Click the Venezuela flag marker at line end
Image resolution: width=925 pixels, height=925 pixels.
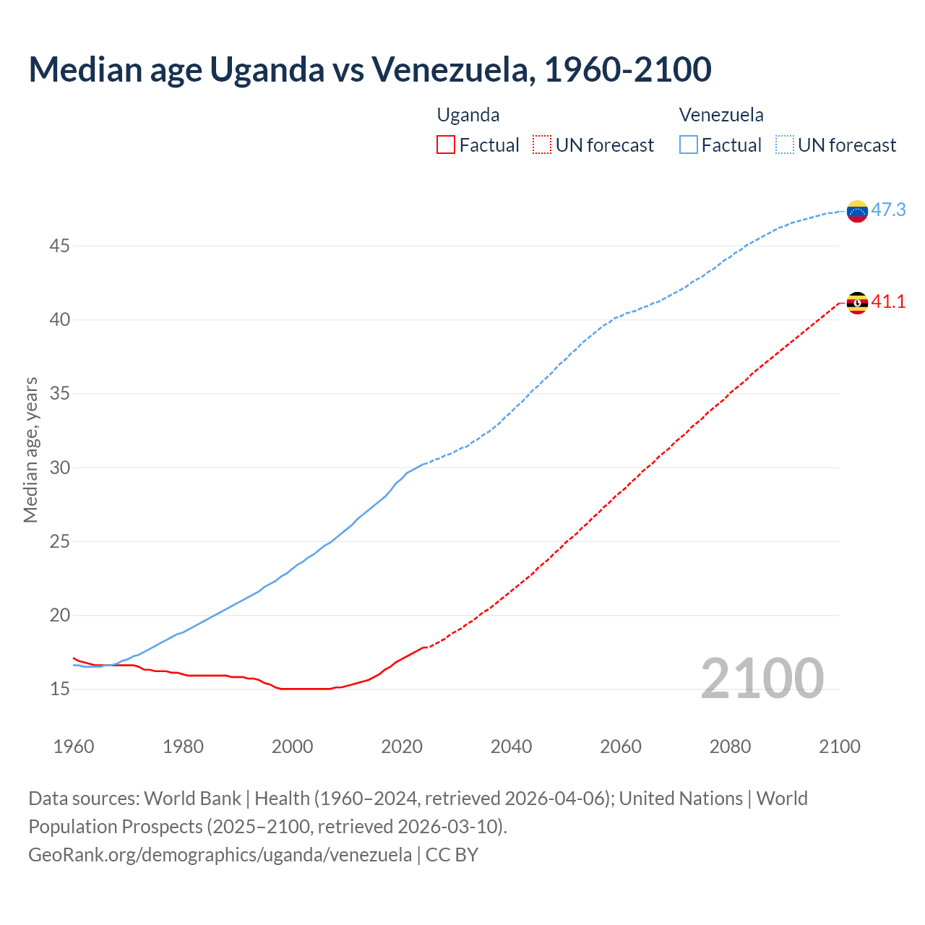tap(857, 211)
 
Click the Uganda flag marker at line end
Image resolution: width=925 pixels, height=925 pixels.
tap(857, 303)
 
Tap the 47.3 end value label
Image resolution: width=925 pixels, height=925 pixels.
tap(888, 210)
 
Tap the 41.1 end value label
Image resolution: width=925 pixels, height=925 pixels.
tap(888, 302)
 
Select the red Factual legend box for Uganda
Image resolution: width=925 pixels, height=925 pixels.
tap(446, 145)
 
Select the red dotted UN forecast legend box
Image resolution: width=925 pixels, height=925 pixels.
tap(542, 145)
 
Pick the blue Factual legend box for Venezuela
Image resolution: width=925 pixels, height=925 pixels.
tap(689, 145)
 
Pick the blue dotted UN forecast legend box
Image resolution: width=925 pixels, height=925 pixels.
tap(785, 145)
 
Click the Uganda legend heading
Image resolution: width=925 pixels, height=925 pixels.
tap(468, 115)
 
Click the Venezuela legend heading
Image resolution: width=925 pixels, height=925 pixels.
tap(721, 115)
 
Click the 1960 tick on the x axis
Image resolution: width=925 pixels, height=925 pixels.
tap(74, 747)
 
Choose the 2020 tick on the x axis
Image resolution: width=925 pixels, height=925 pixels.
tap(402, 747)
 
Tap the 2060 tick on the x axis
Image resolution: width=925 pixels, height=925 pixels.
tap(621, 747)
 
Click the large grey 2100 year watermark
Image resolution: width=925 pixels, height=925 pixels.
tap(762, 679)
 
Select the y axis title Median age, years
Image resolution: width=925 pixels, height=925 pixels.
tap(30, 449)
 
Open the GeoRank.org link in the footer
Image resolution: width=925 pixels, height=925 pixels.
tap(220, 855)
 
